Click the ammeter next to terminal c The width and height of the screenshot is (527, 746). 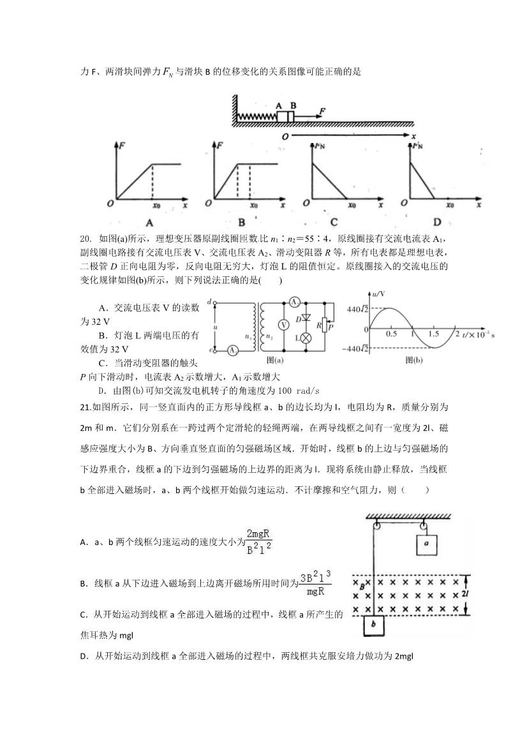point(234,350)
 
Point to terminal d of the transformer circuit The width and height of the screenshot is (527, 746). point(209,301)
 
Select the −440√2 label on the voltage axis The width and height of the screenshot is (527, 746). point(352,349)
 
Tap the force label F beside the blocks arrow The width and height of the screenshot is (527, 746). point(323,112)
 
